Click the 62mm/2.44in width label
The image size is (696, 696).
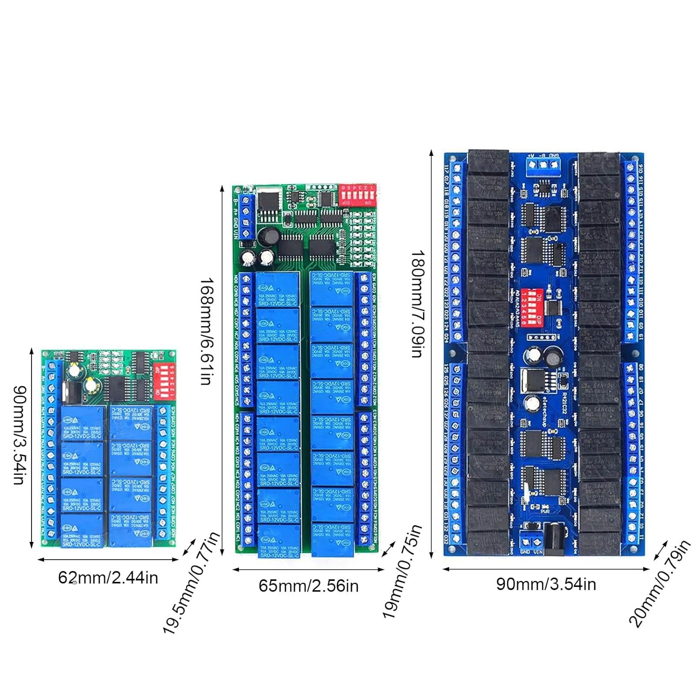coord(108,578)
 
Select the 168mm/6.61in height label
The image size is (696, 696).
coord(206,331)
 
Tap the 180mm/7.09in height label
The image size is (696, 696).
coord(418,304)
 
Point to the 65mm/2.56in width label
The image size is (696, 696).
coord(309,586)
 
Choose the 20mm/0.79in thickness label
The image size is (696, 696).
coord(659,585)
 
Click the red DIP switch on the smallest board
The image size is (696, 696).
coord(165,380)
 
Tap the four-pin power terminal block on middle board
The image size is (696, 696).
coord(247,217)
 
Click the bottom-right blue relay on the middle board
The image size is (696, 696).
coord(332,540)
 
